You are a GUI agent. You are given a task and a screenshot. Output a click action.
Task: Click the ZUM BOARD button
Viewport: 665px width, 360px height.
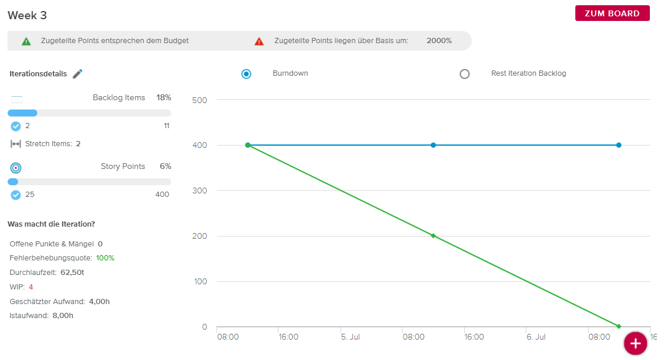(612, 13)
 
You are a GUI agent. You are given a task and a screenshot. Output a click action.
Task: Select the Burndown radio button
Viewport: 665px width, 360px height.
(246, 74)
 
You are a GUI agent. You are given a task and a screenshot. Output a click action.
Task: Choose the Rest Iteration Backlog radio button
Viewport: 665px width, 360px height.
(465, 74)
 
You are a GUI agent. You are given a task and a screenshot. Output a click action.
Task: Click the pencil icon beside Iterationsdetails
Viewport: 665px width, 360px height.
(77, 74)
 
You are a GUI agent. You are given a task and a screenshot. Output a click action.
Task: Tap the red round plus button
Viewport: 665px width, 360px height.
(635, 344)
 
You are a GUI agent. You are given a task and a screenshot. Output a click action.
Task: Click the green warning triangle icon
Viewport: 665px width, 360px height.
(26, 41)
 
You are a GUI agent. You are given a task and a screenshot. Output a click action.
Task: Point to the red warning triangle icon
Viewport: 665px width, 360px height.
(259, 41)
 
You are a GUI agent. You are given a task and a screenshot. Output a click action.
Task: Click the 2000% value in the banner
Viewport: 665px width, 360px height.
(439, 41)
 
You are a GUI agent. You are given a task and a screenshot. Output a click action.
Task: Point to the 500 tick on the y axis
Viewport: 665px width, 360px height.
(200, 101)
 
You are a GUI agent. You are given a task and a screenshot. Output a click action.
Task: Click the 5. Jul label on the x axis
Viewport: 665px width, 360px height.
(351, 337)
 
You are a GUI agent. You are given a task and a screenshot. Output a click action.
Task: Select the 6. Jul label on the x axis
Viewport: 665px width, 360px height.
(536, 337)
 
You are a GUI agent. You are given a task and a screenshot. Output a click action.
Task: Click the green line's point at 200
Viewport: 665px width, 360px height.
(433, 236)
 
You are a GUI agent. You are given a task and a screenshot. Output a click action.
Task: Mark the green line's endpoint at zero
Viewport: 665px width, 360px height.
(619, 326)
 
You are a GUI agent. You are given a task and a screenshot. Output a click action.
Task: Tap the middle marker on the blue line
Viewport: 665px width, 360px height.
(433, 145)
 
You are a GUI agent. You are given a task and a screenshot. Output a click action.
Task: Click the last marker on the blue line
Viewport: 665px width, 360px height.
(619, 145)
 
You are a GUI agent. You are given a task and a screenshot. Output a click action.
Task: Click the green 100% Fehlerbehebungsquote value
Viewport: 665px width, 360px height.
(105, 258)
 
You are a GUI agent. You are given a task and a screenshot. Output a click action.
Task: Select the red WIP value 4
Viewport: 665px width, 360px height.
(31, 287)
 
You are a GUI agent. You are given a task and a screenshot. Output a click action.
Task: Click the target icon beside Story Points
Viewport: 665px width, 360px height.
(16, 168)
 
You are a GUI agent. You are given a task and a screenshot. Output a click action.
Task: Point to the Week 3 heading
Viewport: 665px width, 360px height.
(27, 15)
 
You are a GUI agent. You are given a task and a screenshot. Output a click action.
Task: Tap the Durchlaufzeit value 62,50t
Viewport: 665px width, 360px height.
(72, 273)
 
